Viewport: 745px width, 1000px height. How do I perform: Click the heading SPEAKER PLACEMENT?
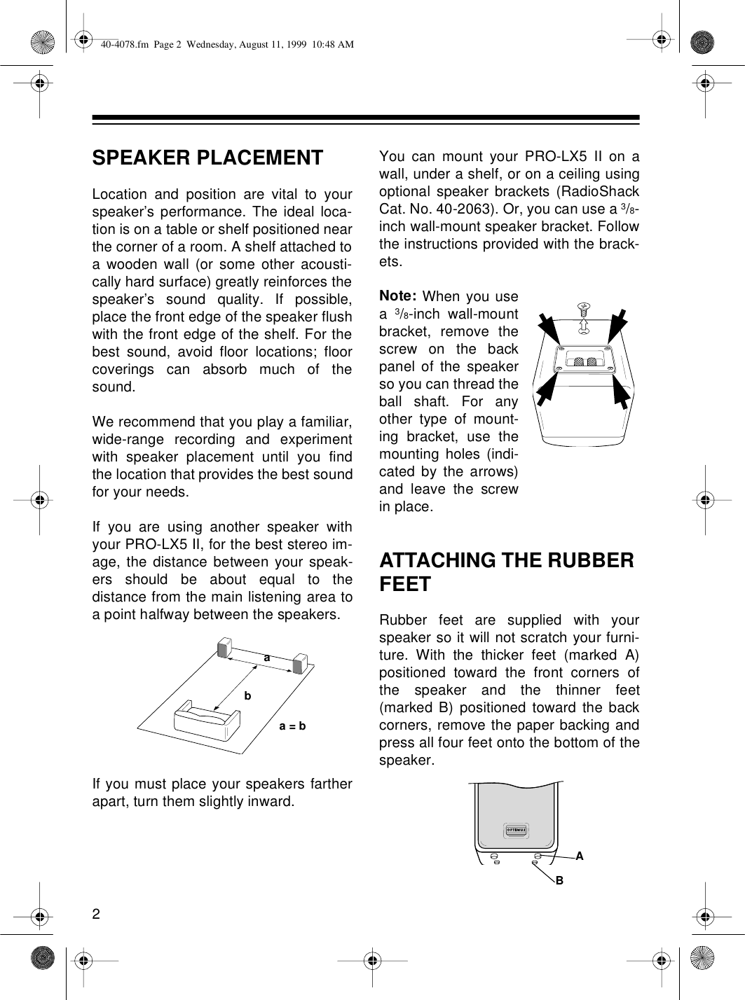[207, 158]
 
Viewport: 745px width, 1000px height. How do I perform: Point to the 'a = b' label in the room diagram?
[292, 726]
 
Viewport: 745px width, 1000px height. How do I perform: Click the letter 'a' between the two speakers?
[266, 658]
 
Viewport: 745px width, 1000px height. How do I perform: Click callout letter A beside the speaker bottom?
[580, 856]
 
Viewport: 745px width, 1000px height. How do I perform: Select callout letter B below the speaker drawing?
[559, 879]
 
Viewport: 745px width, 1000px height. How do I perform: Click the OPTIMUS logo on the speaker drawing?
[517, 831]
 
